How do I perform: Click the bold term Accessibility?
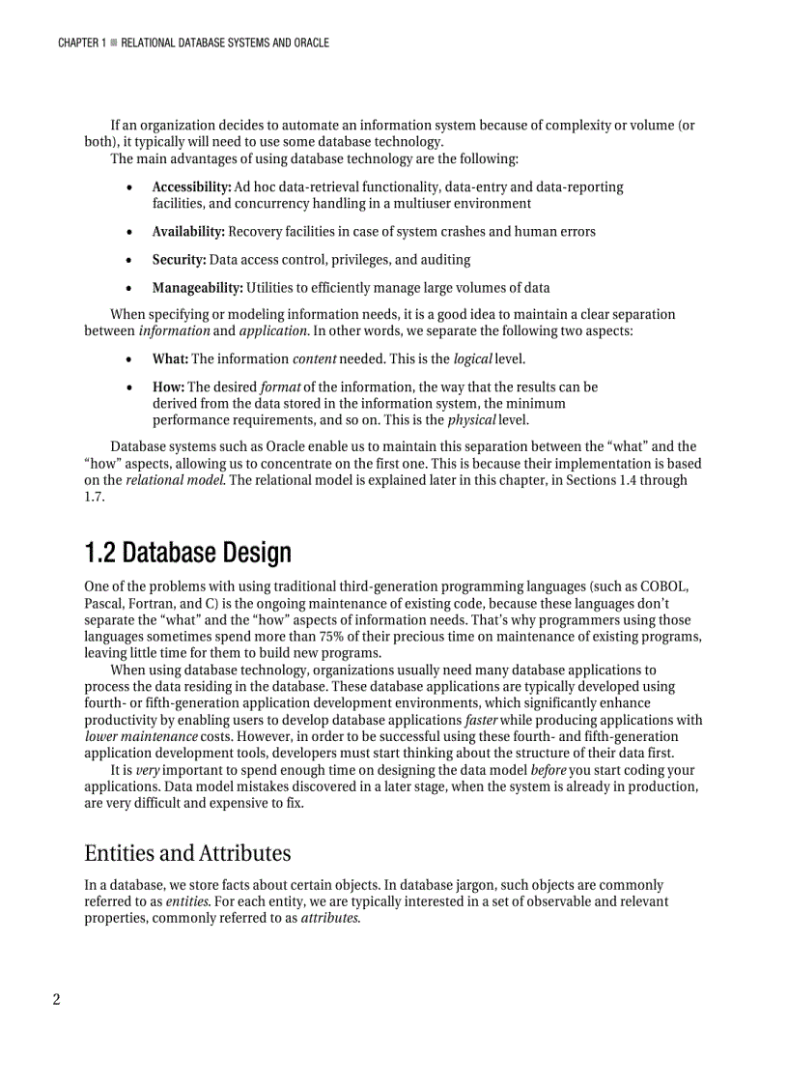[x=191, y=186]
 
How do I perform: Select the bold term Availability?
[x=188, y=232]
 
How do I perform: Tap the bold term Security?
[x=179, y=260]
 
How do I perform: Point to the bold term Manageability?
[x=197, y=288]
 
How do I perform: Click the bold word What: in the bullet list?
[x=170, y=359]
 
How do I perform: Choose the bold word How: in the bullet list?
[x=168, y=387]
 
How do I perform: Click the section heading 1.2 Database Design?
[x=187, y=554]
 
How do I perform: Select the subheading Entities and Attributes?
[x=187, y=853]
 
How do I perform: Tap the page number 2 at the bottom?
[x=56, y=999]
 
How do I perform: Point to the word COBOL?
[x=663, y=586]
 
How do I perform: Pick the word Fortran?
[x=151, y=604]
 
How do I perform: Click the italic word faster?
[x=481, y=721]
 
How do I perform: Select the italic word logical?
[x=473, y=359]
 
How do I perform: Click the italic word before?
[x=549, y=771]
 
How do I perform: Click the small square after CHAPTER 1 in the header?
[x=113, y=43]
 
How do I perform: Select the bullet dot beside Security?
[x=129, y=261]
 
